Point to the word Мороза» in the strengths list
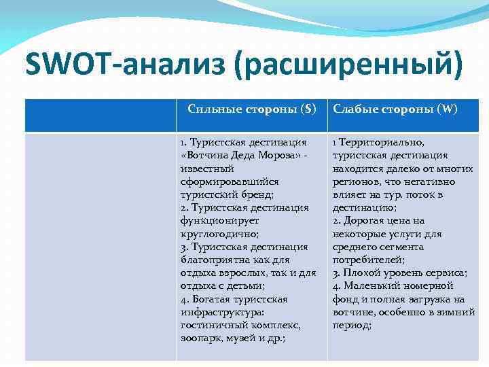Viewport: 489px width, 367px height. tap(279, 156)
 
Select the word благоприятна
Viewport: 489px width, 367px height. tap(213, 260)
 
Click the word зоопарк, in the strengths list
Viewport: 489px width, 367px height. tap(202, 338)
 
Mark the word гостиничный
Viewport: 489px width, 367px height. tap(210, 326)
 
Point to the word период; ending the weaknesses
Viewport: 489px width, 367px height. tap(352, 326)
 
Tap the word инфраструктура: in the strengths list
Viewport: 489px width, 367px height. tap(217, 313)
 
